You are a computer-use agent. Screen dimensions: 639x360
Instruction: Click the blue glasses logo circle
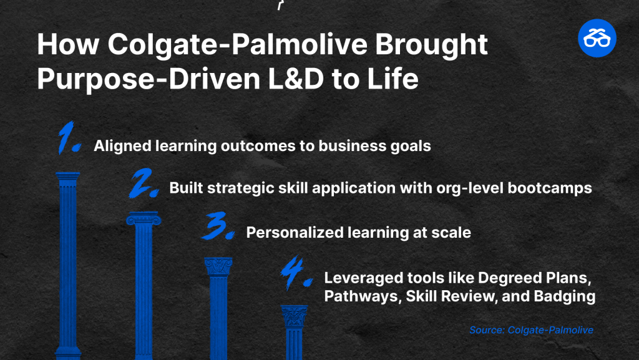[x=597, y=38]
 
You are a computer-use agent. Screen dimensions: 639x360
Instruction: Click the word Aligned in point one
[x=122, y=146]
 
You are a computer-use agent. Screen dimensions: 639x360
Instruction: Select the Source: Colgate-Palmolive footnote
[x=531, y=330]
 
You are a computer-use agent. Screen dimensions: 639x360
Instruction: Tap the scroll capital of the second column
[x=144, y=218]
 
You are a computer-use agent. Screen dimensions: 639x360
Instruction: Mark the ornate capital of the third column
[x=218, y=266]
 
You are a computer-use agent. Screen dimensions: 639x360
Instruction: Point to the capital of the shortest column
[x=294, y=316]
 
